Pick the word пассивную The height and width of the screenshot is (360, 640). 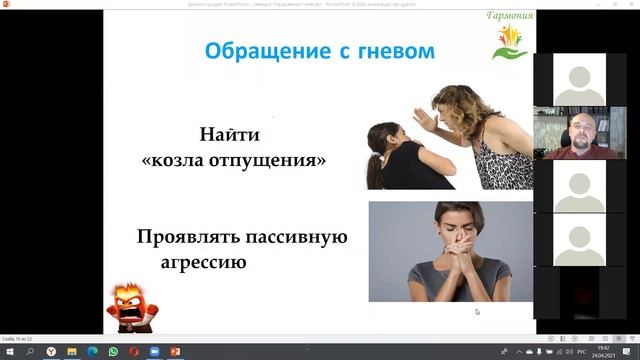pyautogui.click(x=299, y=237)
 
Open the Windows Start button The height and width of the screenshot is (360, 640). pyautogui.click(x=9, y=351)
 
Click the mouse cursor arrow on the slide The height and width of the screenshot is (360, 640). pyautogui.click(x=477, y=311)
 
